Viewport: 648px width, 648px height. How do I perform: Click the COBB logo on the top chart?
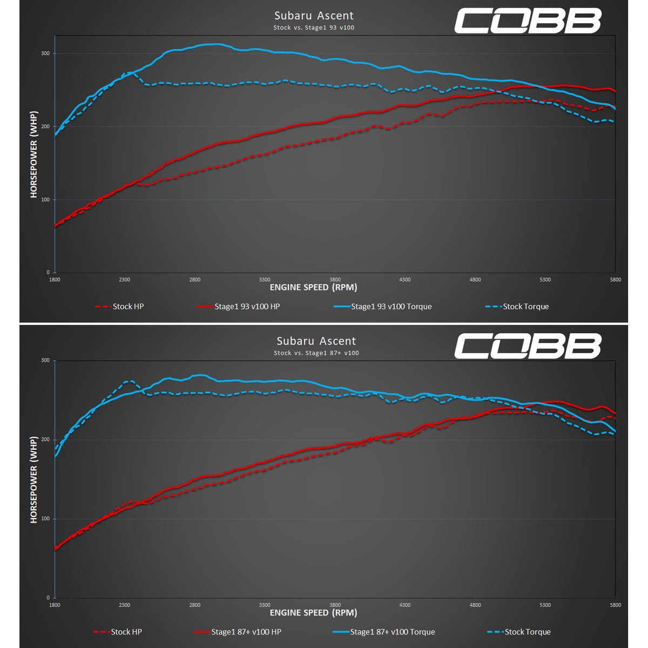[527, 21]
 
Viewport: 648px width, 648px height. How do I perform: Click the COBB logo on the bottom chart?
[527, 346]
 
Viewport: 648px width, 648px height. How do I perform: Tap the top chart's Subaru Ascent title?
[314, 16]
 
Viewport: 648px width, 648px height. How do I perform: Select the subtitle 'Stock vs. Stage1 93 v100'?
[314, 28]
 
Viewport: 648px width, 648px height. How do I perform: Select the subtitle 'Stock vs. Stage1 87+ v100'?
[316, 353]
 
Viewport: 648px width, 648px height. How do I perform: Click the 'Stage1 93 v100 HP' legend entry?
[247, 307]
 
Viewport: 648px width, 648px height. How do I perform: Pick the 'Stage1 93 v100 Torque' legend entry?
[391, 307]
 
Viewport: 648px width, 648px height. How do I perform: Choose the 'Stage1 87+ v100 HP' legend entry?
[246, 632]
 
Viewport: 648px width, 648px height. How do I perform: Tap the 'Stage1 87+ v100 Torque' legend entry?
[392, 632]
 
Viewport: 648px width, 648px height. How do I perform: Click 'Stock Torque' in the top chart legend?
[525, 307]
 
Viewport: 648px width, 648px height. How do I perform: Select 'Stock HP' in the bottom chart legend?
[126, 632]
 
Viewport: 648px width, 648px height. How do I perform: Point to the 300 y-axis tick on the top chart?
[45, 53]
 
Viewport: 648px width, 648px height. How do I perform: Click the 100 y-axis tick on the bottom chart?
[45, 519]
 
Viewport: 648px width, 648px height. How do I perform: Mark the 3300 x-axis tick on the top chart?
[265, 280]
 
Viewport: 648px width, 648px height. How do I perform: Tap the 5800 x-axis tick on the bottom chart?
[615, 605]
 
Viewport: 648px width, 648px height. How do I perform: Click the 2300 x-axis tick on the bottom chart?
[125, 605]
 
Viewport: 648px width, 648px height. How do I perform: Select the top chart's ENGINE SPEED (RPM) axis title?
[313, 287]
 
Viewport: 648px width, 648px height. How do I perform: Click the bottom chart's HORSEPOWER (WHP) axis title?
[34, 480]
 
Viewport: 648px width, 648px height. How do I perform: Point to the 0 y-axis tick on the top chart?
[48, 273]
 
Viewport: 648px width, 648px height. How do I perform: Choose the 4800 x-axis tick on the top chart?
[475, 280]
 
